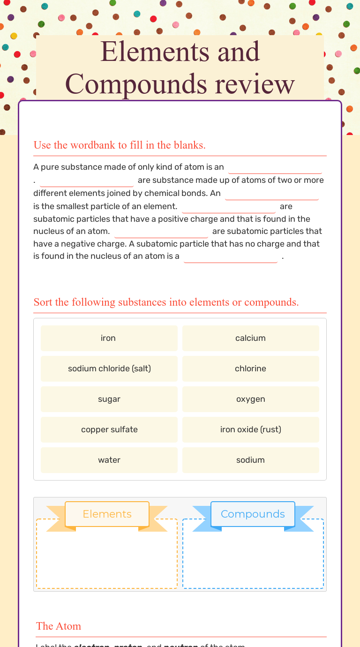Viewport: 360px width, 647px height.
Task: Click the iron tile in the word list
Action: [109, 338]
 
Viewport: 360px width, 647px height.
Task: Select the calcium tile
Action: [250, 338]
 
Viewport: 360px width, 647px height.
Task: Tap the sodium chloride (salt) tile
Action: [109, 369]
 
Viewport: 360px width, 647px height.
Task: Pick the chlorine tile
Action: [250, 369]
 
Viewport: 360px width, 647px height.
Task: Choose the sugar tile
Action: [109, 399]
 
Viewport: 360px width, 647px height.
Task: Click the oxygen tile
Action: [250, 399]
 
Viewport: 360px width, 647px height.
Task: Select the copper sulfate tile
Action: [109, 429]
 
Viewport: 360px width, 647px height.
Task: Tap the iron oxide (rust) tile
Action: [250, 429]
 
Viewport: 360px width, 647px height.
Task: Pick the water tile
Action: [109, 460]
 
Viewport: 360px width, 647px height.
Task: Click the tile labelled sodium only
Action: [250, 460]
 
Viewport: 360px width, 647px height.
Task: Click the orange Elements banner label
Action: [107, 514]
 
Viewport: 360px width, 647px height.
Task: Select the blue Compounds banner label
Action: [253, 514]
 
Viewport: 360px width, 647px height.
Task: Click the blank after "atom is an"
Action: [275, 167]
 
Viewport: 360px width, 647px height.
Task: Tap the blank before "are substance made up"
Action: [87, 181]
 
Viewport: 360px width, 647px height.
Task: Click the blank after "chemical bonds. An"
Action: [272, 194]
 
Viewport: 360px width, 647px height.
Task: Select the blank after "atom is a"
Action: [231, 257]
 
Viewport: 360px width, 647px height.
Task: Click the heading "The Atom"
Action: [59, 626]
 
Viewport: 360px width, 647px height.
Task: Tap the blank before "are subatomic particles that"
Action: [161, 232]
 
